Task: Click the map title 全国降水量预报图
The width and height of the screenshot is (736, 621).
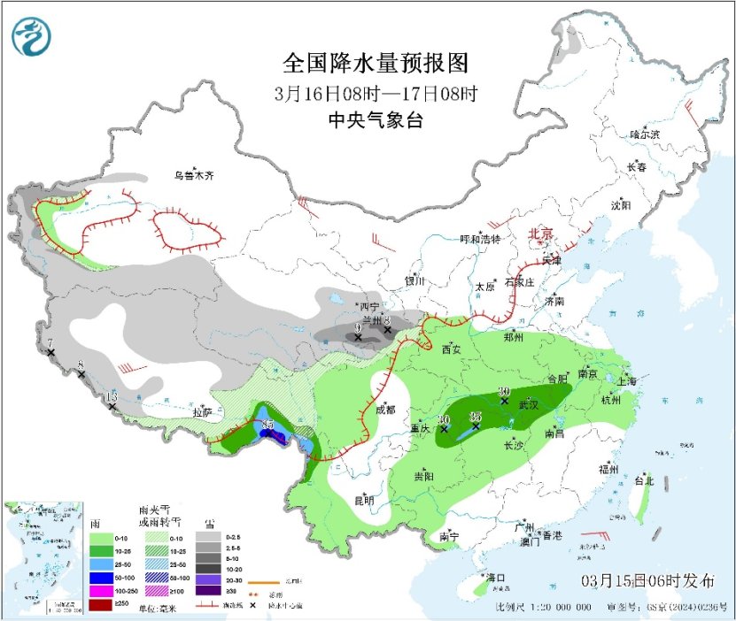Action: pos(375,64)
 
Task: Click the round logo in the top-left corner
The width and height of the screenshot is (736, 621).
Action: pos(31,36)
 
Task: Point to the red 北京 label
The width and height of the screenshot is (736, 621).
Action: pos(540,234)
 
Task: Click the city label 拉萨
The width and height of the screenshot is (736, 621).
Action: pos(202,412)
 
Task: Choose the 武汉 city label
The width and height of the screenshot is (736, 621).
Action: pos(530,404)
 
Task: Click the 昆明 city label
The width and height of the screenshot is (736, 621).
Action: pos(364,500)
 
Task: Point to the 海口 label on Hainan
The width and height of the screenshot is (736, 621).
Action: pos(496,578)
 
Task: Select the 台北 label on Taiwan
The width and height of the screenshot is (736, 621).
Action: pos(643,482)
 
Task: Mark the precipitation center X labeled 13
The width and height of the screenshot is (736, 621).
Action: pos(112,407)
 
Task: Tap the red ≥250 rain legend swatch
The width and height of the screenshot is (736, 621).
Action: pos(100,605)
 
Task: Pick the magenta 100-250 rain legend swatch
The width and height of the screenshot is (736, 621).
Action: pos(100,589)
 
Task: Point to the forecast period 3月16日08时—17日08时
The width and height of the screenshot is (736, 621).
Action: pos(375,93)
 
